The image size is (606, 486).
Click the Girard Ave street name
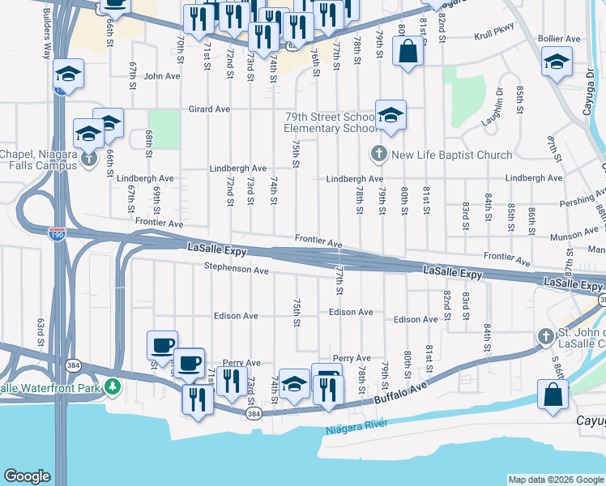point(210,109)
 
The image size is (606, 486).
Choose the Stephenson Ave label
point(236,268)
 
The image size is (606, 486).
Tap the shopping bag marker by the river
point(553,395)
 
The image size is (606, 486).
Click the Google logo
point(27,476)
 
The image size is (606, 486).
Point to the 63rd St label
point(40,332)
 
